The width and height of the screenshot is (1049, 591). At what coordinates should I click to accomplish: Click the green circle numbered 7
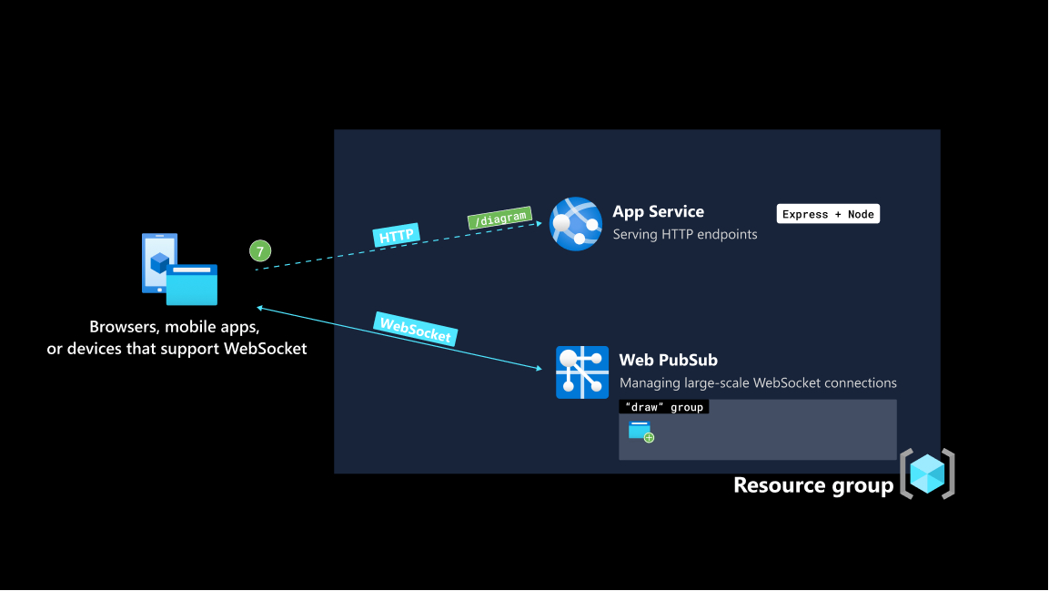260,250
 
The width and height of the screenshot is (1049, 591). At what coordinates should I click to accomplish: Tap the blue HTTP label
396,236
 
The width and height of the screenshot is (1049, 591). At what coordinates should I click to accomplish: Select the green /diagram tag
498,219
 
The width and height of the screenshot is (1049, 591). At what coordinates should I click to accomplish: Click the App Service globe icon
576,224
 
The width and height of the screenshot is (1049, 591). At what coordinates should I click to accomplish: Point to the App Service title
658,211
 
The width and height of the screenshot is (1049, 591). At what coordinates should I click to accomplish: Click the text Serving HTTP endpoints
684,234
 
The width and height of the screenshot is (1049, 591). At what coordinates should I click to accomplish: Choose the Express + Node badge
828,214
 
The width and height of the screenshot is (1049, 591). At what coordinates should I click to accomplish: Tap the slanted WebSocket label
415,329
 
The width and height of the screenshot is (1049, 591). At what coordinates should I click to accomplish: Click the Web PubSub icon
582,372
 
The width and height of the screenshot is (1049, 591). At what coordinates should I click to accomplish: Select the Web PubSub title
668,360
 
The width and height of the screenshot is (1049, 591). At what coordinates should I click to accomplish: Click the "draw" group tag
664,407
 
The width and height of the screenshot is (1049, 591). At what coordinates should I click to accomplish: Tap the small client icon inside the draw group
641,432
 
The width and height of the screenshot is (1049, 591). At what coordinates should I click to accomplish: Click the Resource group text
813,485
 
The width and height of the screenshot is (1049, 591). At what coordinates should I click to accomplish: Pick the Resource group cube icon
927,474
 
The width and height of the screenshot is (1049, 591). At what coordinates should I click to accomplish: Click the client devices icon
179,270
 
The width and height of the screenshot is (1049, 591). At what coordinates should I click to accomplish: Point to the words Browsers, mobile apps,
175,327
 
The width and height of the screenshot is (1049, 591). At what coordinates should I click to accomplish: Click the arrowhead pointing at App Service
540,223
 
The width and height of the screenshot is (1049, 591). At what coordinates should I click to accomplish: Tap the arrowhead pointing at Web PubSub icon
540,369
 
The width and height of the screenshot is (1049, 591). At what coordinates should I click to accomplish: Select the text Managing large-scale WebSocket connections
758,382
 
